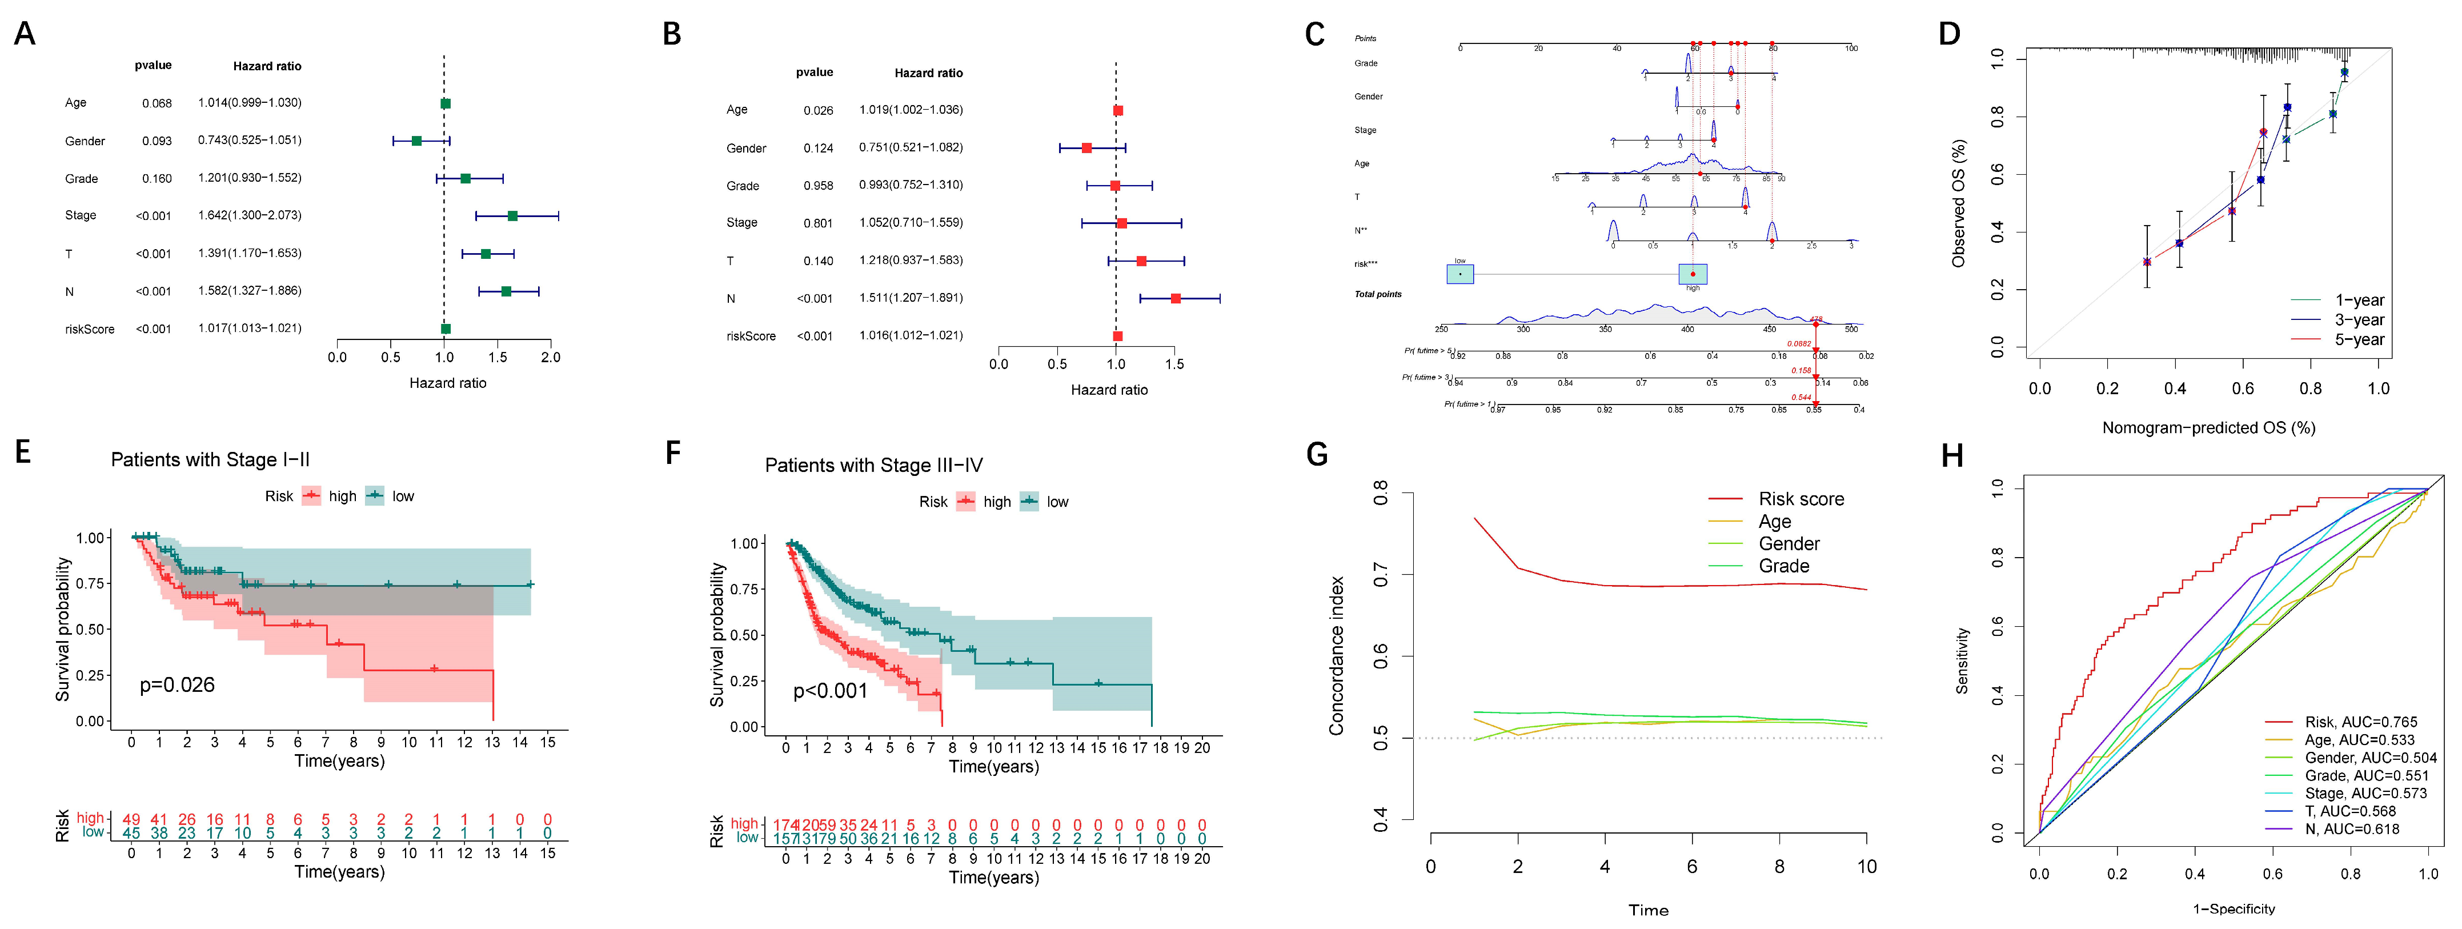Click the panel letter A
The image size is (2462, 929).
25,34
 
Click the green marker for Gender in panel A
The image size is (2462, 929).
416,141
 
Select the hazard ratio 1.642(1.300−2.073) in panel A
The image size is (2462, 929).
250,215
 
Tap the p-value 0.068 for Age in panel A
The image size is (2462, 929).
157,103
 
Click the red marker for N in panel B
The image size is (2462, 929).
1176,298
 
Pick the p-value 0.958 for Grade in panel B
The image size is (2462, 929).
818,186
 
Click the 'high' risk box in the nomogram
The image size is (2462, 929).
1693,274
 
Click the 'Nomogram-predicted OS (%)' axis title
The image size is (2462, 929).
2208,427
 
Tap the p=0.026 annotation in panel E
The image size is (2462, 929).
177,684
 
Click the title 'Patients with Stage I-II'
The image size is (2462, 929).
210,460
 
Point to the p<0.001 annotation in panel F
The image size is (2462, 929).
829,691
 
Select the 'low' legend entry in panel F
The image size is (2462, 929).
1056,502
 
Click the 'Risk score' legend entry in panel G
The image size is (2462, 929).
1801,499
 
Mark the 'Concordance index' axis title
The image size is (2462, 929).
1336,656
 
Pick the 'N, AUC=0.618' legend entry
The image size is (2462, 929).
2351,828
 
